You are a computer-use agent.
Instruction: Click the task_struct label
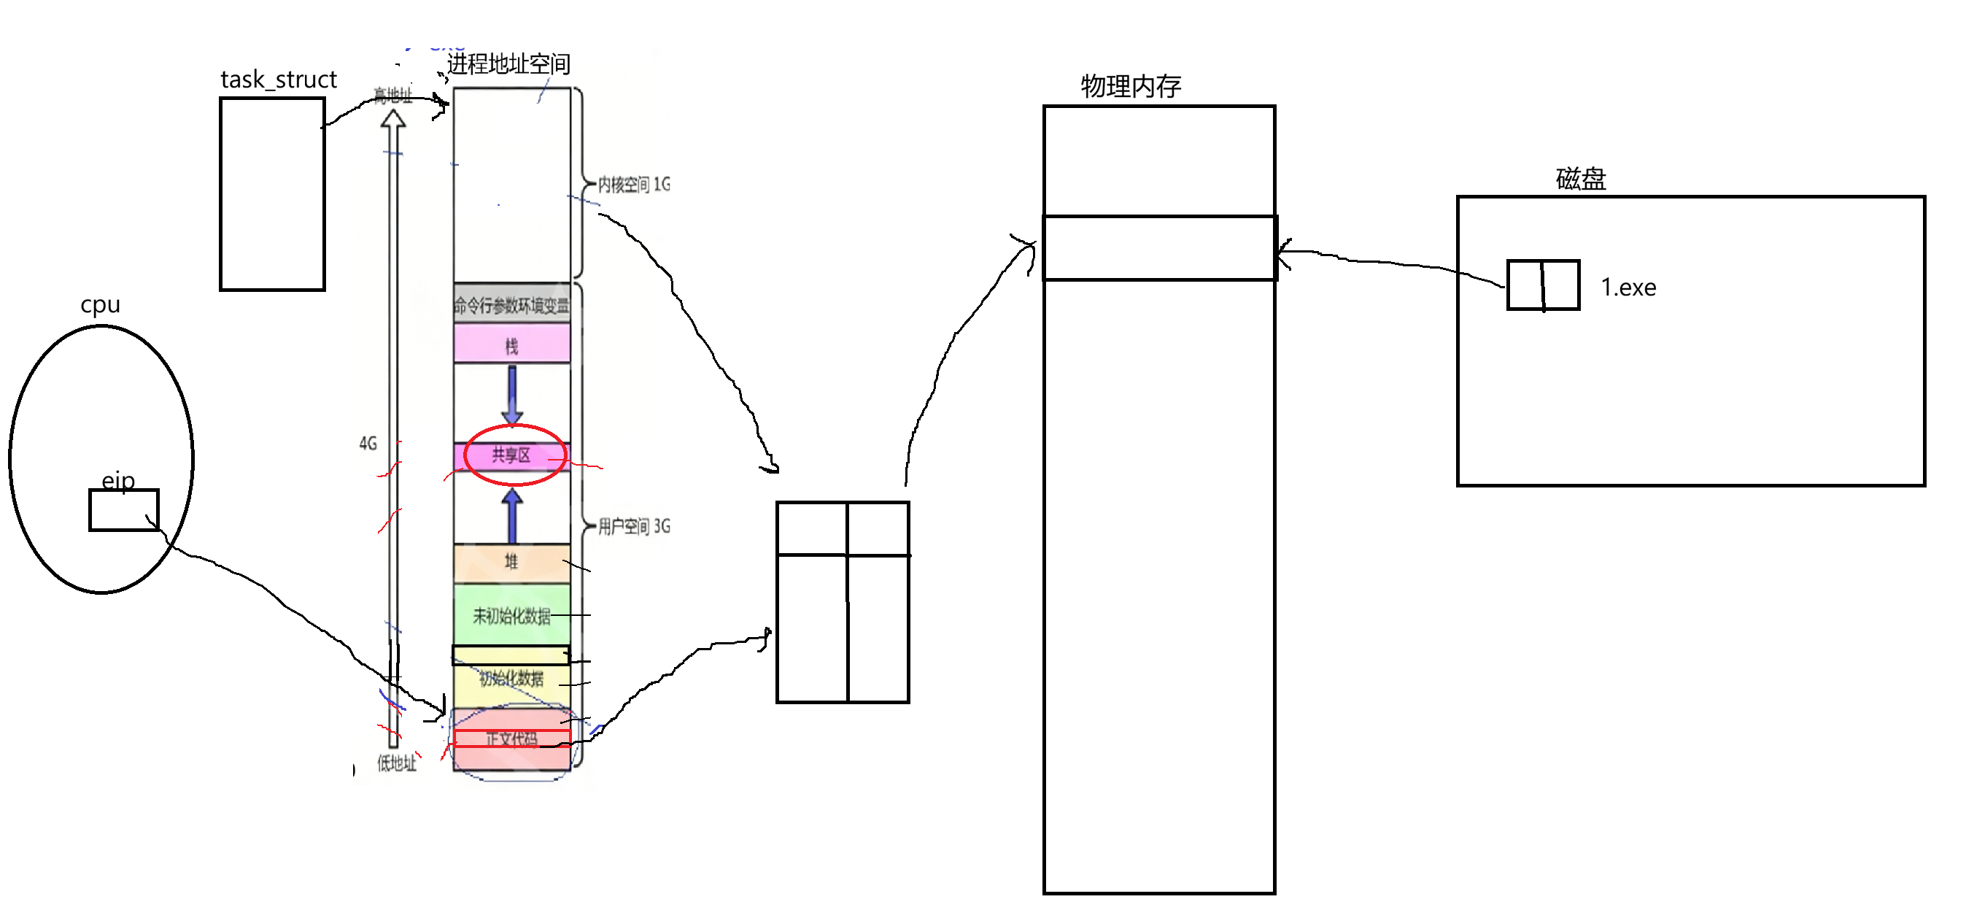[x=279, y=80]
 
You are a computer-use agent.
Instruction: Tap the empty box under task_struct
[x=272, y=194]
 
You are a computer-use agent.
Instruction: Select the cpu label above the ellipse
[x=100, y=304]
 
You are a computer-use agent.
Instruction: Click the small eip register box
[x=123, y=510]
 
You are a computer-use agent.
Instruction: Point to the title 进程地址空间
[x=508, y=63]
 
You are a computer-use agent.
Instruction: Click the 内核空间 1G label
[x=633, y=184]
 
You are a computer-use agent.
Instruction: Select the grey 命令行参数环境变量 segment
[x=511, y=305]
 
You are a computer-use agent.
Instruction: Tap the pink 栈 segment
[x=511, y=346]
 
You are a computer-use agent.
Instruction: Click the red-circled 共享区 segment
[x=511, y=455]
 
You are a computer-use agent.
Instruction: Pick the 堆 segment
[x=511, y=563]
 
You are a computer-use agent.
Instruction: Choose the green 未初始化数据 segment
[x=511, y=615]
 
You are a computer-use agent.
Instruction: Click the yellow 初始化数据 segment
[x=511, y=679]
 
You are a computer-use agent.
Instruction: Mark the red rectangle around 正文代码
[x=511, y=739]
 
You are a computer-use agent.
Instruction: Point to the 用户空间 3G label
[x=633, y=526]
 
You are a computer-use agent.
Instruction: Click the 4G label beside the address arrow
[x=368, y=443]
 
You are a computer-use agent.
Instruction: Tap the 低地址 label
[x=397, y=763]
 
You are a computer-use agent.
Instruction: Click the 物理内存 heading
[x=1130, y=86]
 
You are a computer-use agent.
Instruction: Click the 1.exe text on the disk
[x=1628, y=288]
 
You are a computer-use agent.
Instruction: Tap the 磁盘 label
[x=1581, y=179]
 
